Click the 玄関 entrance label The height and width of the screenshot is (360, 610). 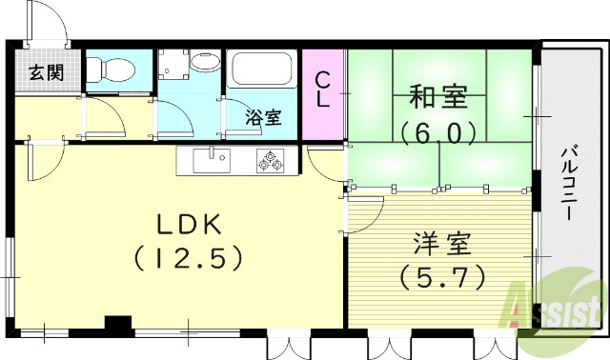pyautogui.click(x=45, y=71)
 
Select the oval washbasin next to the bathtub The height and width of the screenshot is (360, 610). pyautogui.click(x=204, y=64)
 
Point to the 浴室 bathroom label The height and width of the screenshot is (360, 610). pyautogui.click(x=263, y=118)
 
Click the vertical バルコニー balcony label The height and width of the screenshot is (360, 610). pyautogui.click(x=568, y=181)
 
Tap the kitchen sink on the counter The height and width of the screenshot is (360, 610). pyautogui.click(x=211, y=161)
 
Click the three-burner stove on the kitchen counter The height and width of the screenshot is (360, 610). pyautogui.click(x=270, y=162)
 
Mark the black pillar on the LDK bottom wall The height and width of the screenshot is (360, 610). pyautogui.click(x=117, y=325)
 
